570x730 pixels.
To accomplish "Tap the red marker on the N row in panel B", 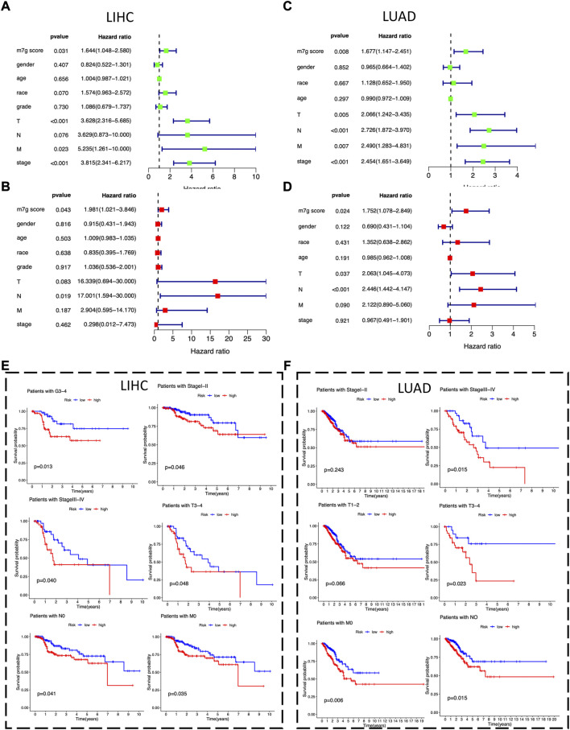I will pyautogui.click(x=218, y=275).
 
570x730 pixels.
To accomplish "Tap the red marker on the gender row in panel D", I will pyautogui.click(x=443, y=227).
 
